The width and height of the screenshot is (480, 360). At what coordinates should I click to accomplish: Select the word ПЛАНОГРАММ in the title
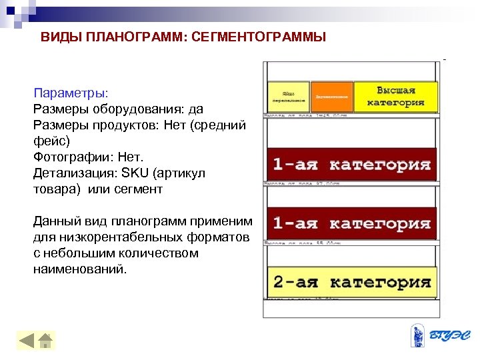(x=140, y=37)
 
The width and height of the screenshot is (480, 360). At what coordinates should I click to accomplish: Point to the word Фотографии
(x=73, y=157)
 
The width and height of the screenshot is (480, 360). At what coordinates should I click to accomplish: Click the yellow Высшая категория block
(x=395, y=97)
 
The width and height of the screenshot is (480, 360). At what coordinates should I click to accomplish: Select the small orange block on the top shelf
(x=331, y=97)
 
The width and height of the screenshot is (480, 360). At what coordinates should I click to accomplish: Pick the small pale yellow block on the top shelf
(x=289, y=97)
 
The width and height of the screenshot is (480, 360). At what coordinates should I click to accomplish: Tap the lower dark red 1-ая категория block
(x=351, y=223)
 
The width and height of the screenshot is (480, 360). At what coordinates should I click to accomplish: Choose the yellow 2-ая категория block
(x=351, y=281)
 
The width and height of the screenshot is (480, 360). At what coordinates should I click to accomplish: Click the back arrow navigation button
(x=27, y=341)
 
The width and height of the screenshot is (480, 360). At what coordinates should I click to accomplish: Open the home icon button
(x=46, y=341)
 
